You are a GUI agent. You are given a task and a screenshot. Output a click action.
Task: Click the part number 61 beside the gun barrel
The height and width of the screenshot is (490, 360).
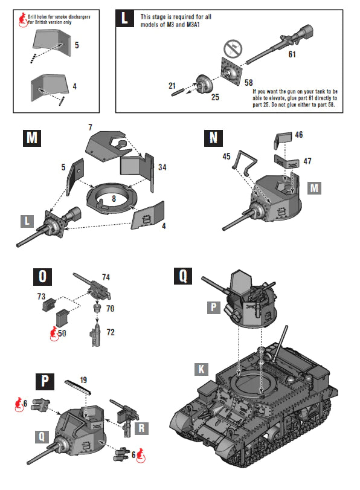point(292,54)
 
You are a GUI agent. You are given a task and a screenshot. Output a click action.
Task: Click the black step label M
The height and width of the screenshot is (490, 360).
point(33,138)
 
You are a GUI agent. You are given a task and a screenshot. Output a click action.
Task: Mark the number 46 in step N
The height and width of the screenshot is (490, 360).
point(299,135)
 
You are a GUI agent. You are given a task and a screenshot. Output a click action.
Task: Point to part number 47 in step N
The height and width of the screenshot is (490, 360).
point(307,161)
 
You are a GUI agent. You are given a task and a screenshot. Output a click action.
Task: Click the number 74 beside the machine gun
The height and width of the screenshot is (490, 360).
point(106,277)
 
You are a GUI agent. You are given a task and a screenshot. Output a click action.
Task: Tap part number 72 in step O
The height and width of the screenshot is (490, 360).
point(110,332)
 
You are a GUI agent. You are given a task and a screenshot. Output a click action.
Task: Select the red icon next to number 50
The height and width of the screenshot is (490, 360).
point(53,332)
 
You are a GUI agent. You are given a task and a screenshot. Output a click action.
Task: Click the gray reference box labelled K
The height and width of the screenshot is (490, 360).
point(202,369)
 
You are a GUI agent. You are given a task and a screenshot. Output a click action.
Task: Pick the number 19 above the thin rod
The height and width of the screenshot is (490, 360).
point(83,380)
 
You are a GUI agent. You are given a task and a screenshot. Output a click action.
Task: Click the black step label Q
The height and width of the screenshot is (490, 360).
point(183,277)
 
